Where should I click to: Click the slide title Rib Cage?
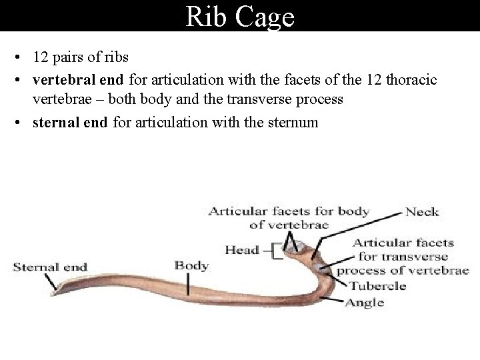[240, 17]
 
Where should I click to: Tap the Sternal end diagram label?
[50, 267]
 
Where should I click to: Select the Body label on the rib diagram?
[191, 265]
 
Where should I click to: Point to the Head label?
[241, 251]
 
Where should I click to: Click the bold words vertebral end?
[79, 81]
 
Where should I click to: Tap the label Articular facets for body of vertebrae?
[288, 218]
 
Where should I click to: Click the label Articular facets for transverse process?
[403, 257]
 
